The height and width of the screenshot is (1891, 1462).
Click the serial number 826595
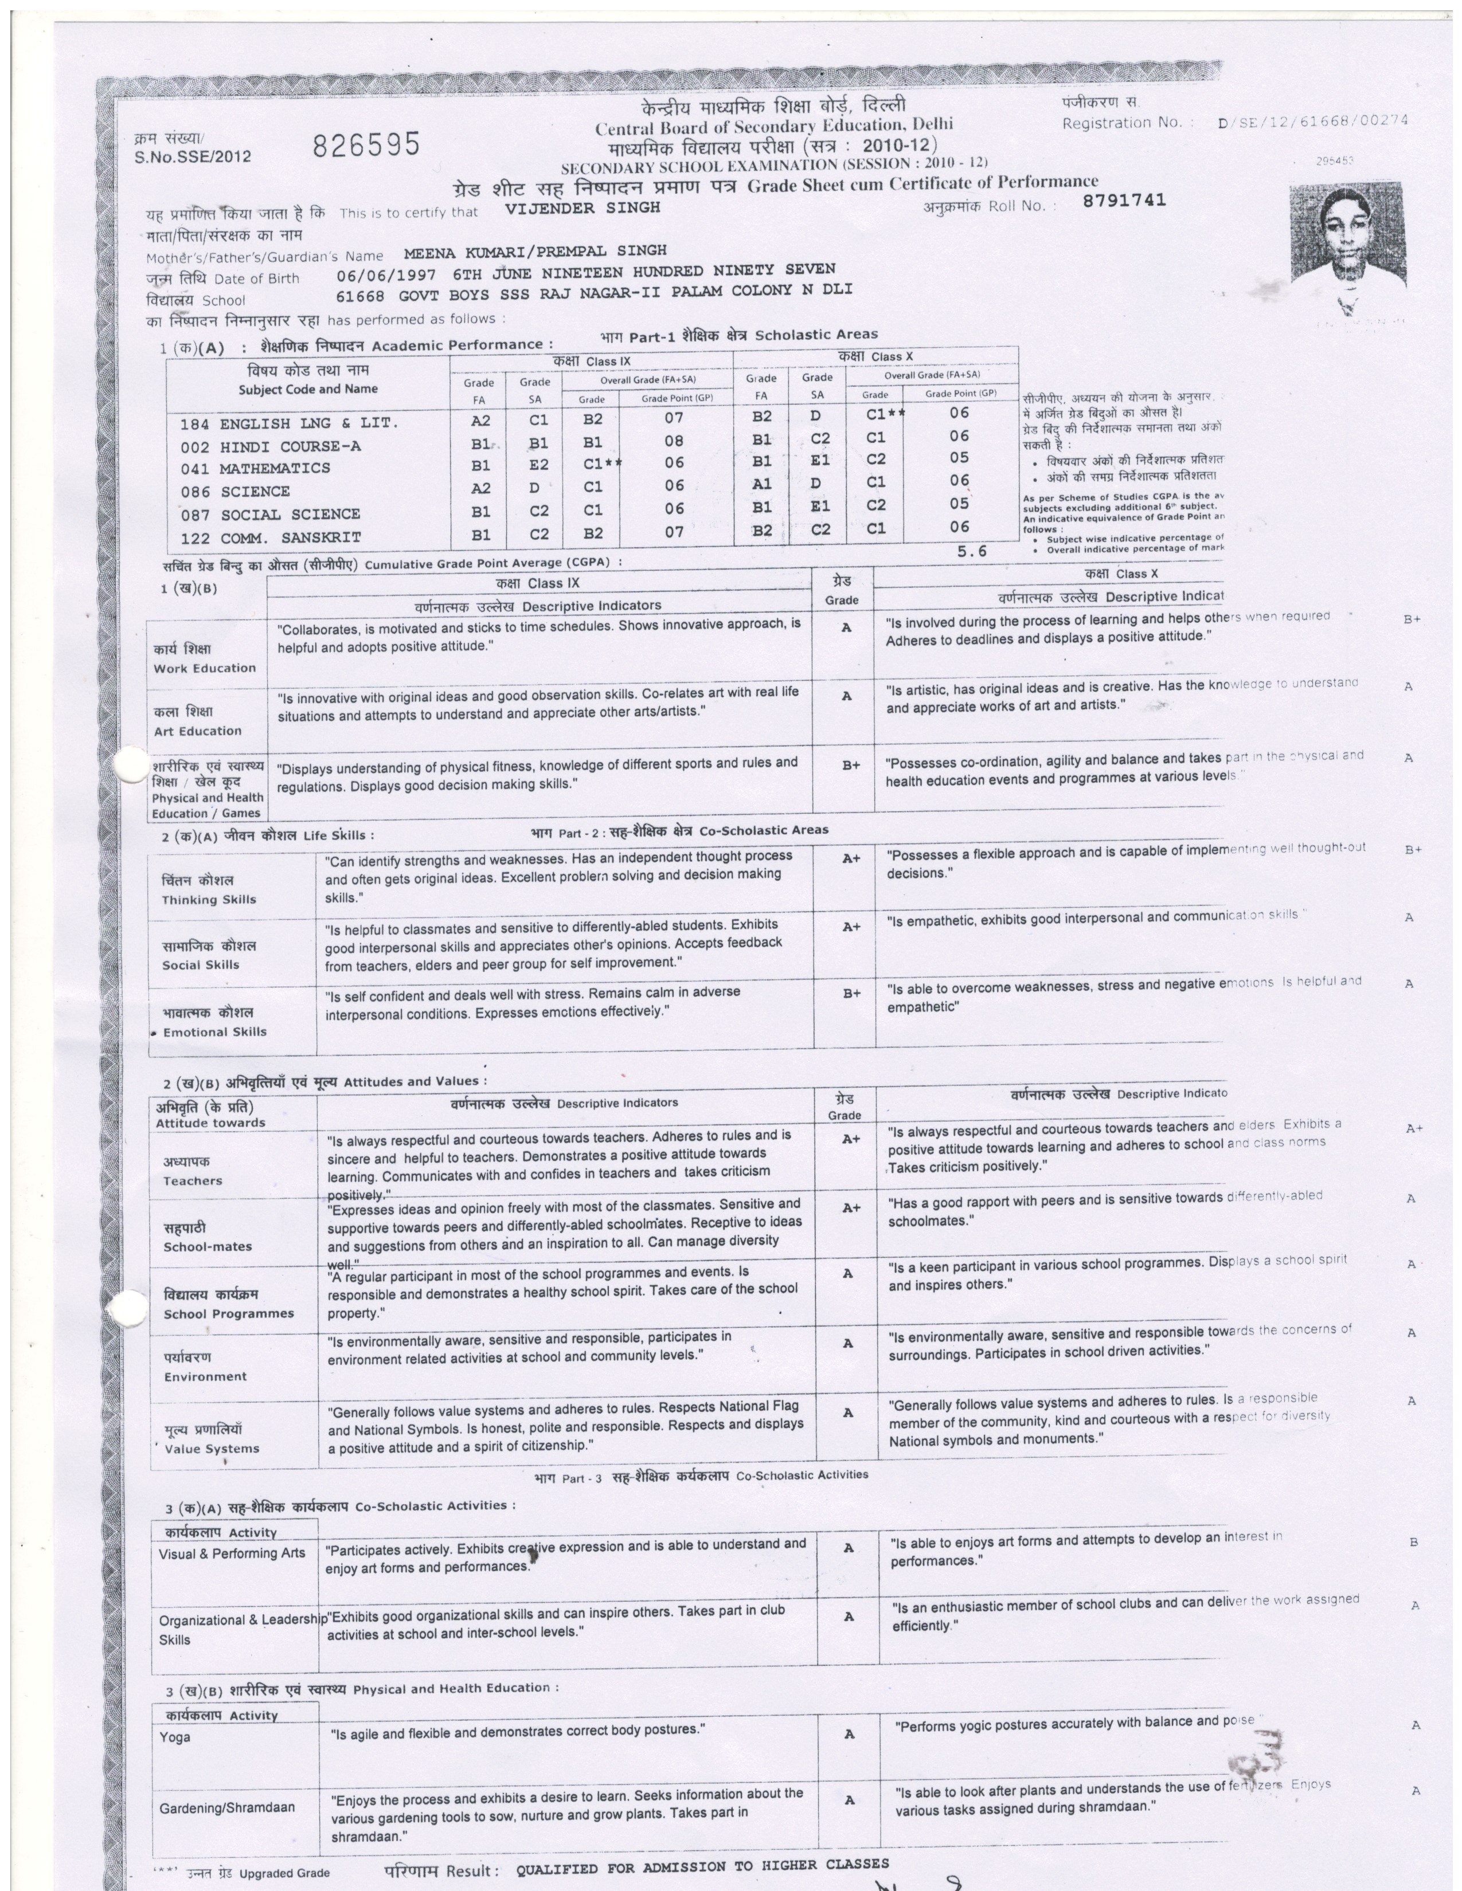click(366, 144)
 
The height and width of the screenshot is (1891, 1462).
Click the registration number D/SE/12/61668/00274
click(1312, 122)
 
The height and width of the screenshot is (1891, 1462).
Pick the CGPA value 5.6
click(972, 551)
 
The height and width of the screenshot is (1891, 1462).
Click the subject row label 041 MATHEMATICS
click(256, 468)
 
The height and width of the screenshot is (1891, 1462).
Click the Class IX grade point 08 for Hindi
click(674, 442)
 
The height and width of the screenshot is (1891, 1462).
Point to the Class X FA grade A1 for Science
click(762, 484)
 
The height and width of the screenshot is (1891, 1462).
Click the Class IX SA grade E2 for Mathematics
click(539, 465)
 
